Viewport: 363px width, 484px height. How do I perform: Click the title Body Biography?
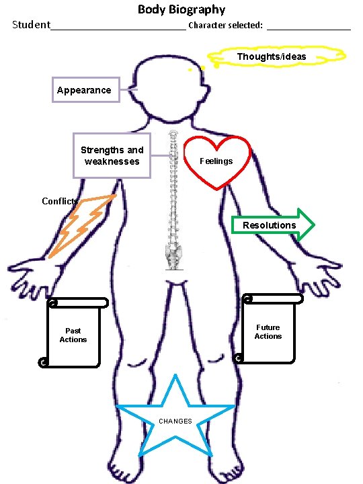182,9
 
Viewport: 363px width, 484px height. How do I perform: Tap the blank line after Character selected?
309,28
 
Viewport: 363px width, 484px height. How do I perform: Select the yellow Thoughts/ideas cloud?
276,56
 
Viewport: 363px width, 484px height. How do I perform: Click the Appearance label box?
85,90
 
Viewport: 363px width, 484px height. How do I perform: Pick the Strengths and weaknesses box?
112,155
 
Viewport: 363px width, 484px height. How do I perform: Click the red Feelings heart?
217,161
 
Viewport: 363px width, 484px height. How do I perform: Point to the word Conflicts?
60,201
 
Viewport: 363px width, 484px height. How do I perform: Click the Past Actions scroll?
73,334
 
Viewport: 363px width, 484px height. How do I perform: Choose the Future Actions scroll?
268,329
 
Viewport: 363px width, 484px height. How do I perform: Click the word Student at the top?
31,26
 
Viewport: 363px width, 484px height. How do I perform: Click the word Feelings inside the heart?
216,161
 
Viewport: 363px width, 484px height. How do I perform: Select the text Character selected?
225,26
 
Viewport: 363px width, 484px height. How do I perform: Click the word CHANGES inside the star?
175,421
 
